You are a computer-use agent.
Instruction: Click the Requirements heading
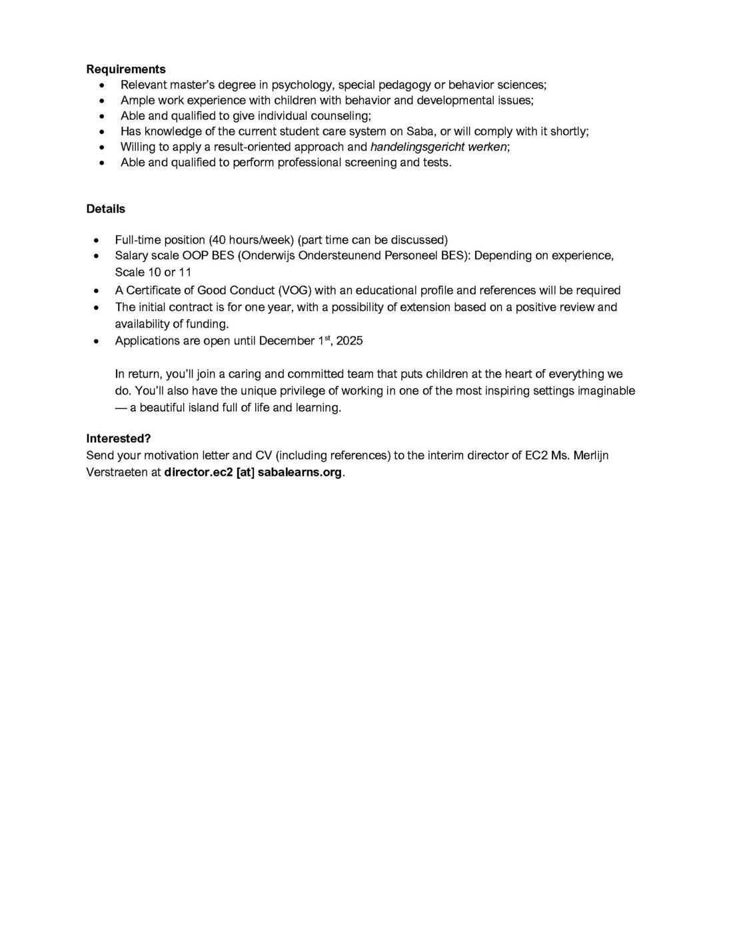(x=126, y=69)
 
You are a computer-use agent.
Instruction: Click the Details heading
(x=105, y=209)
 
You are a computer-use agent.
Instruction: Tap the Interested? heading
(x=119, y=438)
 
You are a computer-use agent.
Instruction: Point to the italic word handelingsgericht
(x=416, y=147)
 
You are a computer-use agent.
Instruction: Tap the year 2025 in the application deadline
(x=349, y=341)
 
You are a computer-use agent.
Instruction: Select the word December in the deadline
(x=287, y=341)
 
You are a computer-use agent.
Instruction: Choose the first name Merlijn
(x=588, y=456)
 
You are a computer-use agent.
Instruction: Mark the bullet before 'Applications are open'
(x=97, y=341)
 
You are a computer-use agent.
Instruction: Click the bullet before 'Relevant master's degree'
(x=101, y=85)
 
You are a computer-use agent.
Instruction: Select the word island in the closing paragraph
(x=207, y=408)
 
